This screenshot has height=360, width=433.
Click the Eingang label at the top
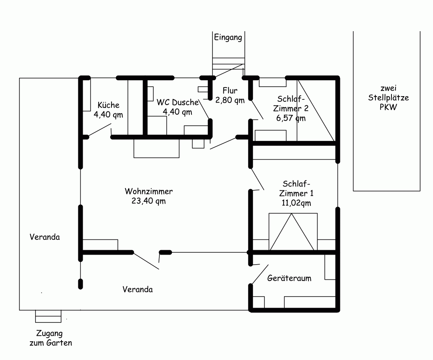228,38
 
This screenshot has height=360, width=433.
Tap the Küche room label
108,105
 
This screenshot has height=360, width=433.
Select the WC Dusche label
177,102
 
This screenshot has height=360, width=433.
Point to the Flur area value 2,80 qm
230,100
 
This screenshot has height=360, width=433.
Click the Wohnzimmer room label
149,191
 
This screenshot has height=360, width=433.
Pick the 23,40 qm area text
149,201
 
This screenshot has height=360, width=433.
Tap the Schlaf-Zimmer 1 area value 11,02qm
296,203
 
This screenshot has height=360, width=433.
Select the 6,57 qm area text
291,118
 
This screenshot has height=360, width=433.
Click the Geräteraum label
289,278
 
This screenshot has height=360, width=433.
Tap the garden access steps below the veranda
48,316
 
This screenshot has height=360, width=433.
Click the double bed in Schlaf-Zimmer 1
293,232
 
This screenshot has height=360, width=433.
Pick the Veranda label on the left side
45,237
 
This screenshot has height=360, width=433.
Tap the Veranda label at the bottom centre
137,289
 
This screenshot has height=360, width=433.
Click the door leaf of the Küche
99,130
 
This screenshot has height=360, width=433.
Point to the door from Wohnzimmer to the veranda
146,260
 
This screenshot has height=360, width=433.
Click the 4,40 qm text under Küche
108,115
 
